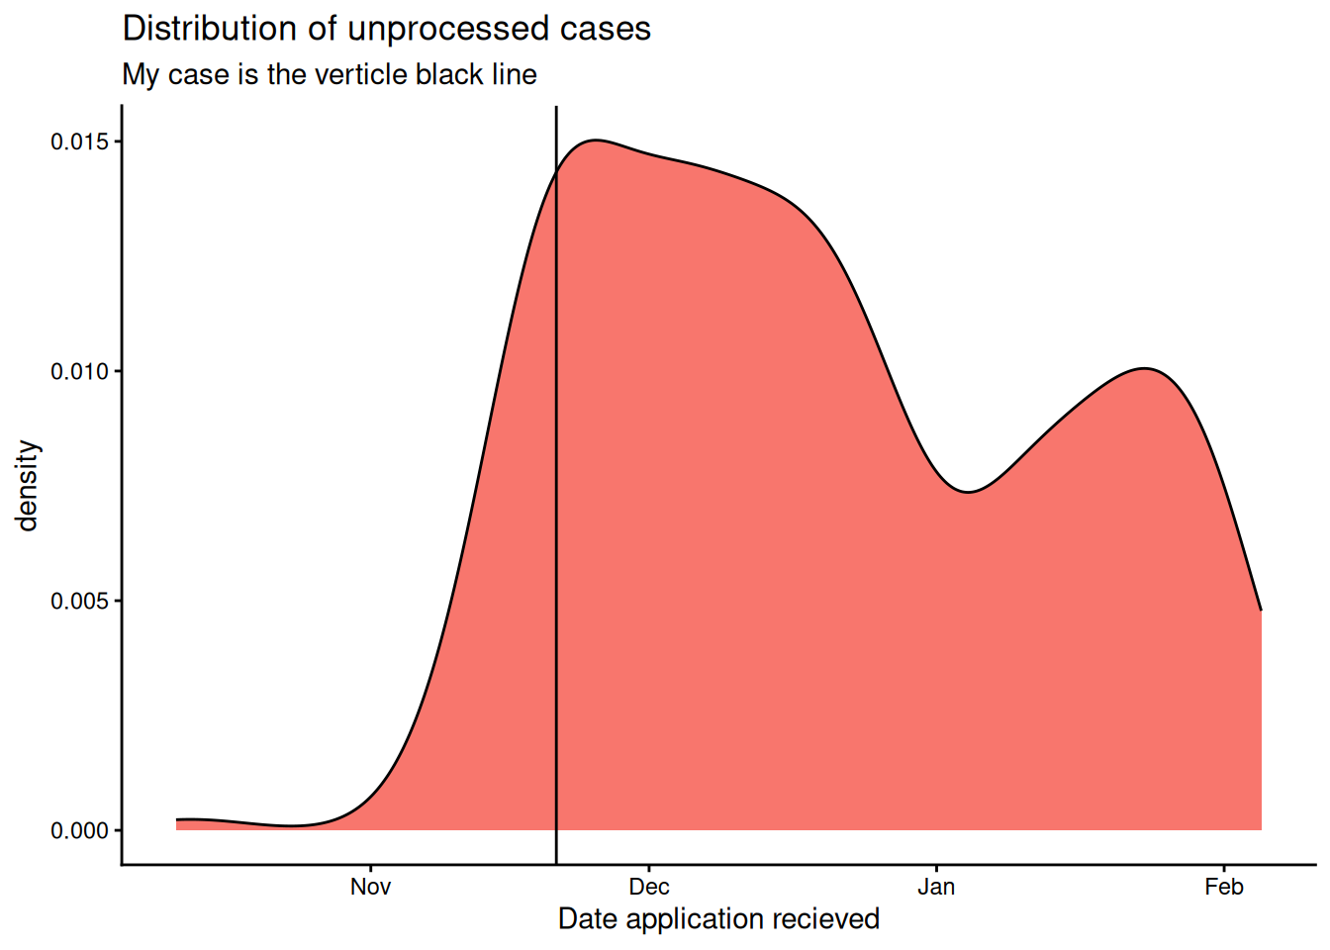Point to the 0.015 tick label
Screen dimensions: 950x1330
point(79,142)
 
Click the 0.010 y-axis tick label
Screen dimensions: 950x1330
point(79,371)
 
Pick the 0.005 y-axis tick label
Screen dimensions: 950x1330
point(79,601)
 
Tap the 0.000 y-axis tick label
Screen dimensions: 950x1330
point(79,830)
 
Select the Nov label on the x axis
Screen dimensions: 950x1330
point(370,887)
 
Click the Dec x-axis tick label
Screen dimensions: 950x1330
point(649,887)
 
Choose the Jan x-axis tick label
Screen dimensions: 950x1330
point(936,887)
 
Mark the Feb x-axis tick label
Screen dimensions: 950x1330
point(1224,887)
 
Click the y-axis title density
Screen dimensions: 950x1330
point(28,485)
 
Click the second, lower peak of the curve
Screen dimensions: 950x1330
point(1144,368)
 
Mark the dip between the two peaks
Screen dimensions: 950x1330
point(969,492)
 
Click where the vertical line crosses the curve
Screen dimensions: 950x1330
point(556,171)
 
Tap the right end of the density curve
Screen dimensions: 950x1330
point(1261,610)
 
